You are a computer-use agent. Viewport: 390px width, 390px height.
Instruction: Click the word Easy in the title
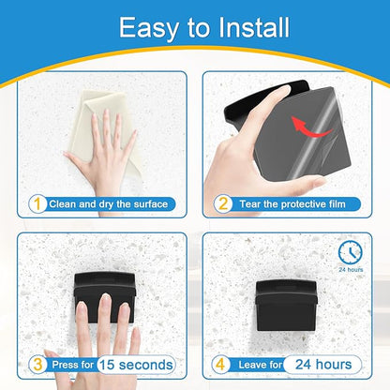pos(148,29)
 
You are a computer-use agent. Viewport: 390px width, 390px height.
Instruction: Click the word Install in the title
pos(254,27)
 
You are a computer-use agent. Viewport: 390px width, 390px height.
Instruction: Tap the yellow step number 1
pos(37,204)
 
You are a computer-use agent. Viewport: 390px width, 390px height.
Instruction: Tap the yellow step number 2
pos(223,204)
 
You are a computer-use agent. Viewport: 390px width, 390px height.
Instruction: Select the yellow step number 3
pos(37,365)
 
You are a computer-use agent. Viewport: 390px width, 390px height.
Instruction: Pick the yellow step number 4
pos(220,365)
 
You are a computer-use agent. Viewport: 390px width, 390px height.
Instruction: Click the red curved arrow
pos(310,127)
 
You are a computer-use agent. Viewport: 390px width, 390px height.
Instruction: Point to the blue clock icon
pos(351,252)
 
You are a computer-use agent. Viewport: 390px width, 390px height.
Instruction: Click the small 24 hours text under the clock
pos(351,269)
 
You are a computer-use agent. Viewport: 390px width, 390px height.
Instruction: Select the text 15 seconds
pos(136,365)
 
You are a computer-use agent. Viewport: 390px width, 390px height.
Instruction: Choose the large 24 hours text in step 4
pos(323,365)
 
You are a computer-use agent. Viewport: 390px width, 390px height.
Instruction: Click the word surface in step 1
pos(151,204)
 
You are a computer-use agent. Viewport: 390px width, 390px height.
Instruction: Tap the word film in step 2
pos(337,204)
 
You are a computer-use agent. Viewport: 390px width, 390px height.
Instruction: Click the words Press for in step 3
pos(73,365)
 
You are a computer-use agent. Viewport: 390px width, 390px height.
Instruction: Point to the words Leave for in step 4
pos(261,365)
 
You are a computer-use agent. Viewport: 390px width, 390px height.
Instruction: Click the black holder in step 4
pos(287,306)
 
